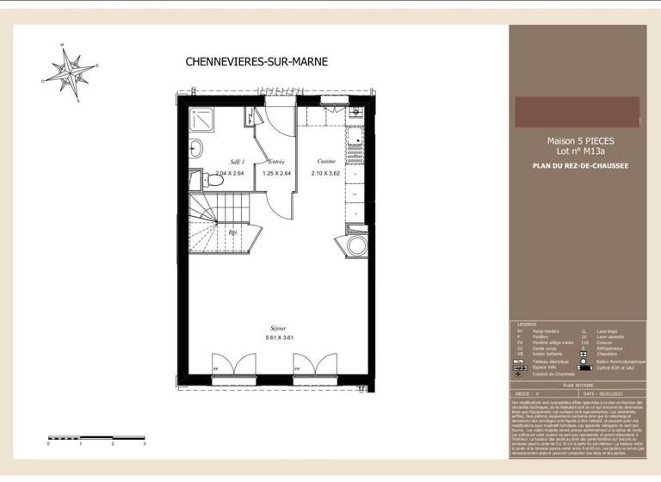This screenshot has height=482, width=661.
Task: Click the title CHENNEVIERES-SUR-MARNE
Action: coord(244,61)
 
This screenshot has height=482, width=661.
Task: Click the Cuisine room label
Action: coord(326,162)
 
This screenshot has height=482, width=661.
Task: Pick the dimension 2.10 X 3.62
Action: coord(325,173)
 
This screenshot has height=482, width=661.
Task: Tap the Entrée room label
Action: coord(276,162)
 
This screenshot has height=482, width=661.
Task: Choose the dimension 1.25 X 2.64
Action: coord(276,173)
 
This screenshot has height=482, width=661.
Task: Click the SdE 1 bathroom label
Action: coord(238,162)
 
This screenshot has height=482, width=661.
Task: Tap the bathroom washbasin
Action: coord(196,147)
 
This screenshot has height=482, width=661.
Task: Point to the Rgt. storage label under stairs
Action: coord(232,232)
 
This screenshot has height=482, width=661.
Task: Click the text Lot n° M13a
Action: coord(580,151)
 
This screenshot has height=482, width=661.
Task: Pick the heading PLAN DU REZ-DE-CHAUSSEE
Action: coord(580,166)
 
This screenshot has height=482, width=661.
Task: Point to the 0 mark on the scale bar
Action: coord(49,444)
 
